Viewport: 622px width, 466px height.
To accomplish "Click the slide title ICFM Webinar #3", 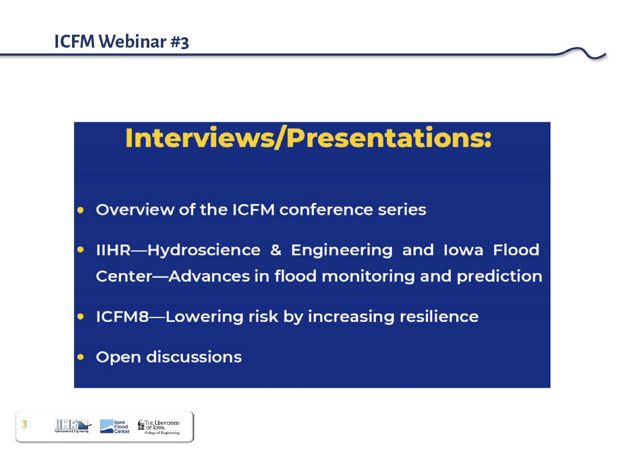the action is [121, 41].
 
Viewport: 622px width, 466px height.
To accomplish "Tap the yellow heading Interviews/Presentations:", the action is [308, 138].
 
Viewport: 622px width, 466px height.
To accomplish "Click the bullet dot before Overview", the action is [80, 210].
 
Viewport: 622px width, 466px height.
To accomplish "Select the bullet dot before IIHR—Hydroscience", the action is [80, 250].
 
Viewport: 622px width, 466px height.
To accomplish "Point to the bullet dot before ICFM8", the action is [80, 316].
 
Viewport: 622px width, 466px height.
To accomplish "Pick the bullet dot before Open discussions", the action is [80, 357].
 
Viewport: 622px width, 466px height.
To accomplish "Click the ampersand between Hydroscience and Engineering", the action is [275, 250].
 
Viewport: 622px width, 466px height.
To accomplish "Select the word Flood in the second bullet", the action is [516, 250].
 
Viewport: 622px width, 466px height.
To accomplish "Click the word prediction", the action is [499, 276].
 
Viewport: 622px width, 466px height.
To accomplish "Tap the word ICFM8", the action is [122, 316].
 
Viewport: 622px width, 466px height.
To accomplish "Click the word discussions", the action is [194, 357].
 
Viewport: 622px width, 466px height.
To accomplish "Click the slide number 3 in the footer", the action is [24, 424].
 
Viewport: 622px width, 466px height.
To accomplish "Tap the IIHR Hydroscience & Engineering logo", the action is [73, 426].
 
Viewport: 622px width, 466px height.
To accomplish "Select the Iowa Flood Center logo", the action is [115, 426].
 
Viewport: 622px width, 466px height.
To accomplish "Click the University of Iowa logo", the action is [159, 427].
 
